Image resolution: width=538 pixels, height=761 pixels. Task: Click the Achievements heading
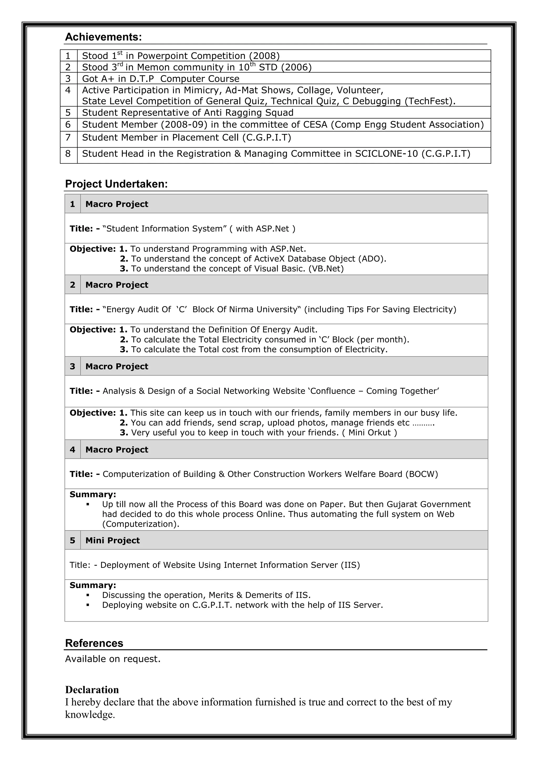tap(103, 37)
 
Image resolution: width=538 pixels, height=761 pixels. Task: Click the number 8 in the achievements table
tap(68, 154)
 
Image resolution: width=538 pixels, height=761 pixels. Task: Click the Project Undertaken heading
tap(116, 184)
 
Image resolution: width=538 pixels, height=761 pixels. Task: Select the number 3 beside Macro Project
tap(73, 366)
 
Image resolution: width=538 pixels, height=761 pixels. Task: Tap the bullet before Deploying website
tap(88, 605)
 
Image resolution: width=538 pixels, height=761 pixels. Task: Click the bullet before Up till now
tap(88, 504)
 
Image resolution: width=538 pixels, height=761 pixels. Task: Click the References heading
tap(94, 643)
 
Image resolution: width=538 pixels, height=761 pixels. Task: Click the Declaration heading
tap(92, 690)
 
